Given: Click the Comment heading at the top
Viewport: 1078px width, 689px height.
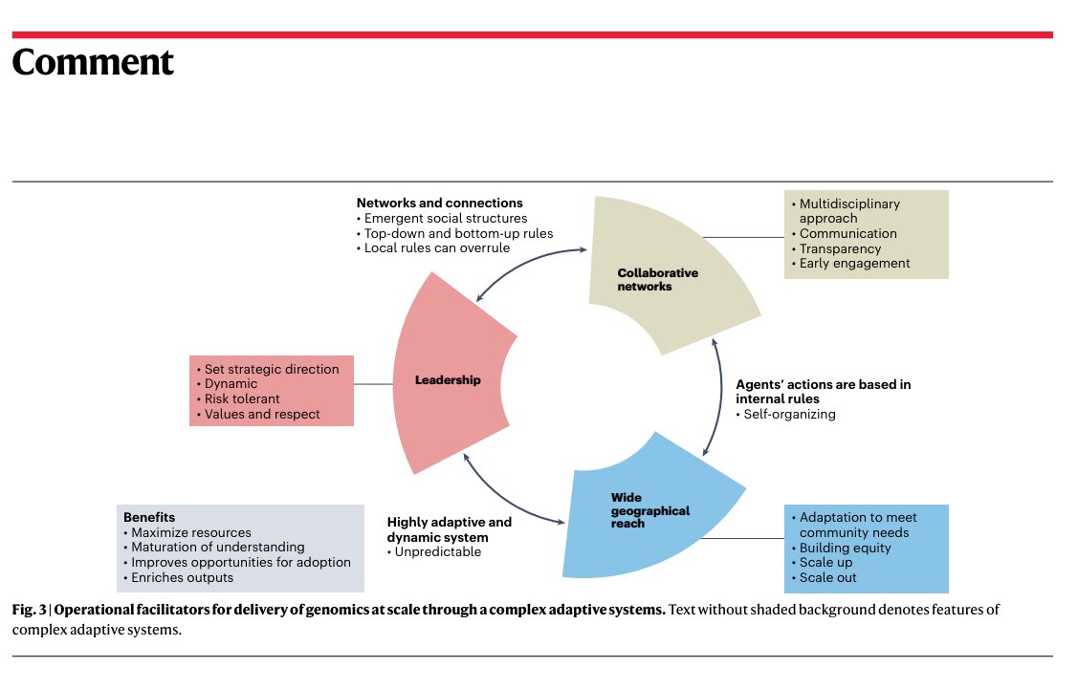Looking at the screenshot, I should click(x=93, y=62).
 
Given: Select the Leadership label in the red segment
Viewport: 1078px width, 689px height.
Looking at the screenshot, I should click(x=448, y=380).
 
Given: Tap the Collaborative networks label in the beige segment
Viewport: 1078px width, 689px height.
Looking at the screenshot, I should click(x=658, y=279).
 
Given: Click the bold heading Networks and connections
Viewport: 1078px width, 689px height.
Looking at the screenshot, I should click(x=439, y=203).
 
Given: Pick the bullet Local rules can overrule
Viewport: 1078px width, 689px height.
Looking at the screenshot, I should click(x=437, y=248).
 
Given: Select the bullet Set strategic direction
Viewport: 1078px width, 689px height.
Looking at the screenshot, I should click(x=272, y=369).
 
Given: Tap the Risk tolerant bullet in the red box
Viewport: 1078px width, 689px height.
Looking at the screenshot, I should click(x=242, y=399).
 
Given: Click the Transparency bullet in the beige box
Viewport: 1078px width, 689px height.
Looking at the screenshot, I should click(x=840, y=248).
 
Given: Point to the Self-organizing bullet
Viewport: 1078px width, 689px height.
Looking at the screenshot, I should click(x=785, y=415).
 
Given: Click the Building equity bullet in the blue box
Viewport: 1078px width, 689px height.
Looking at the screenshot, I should click(x=845, y=548).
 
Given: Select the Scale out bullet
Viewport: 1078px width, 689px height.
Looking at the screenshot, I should click(x=827, y=578).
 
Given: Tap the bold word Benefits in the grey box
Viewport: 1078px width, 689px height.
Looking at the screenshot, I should click(x=149, y=517).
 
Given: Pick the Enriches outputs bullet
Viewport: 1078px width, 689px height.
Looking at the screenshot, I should click(x=182, y=578).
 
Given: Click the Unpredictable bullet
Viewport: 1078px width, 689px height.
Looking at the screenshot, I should click(x=437, y=552).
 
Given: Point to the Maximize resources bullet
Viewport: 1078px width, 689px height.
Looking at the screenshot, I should click(x=190, y=532).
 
